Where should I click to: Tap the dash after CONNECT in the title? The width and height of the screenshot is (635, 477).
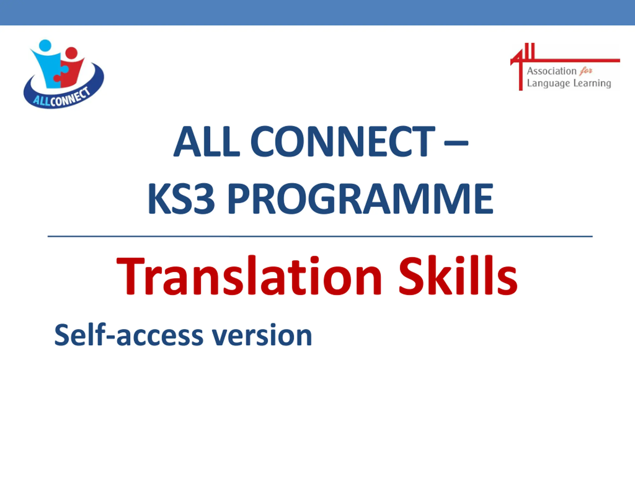[x=456, y=143]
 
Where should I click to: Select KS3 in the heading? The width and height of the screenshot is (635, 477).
[x=181, y=199]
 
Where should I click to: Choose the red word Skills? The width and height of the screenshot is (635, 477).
[x=458, y=276]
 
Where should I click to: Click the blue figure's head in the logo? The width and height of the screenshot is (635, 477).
[x=45, y=45]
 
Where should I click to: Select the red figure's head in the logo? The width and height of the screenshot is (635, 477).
[x=71, y=53]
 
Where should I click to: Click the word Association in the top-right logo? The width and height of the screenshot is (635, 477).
[x=551, y=71]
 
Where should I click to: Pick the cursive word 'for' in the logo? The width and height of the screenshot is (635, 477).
[x=586, y=71]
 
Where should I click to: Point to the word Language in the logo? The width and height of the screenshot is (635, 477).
[x=548, y=83]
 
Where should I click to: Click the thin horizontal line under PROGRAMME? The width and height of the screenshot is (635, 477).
[x=320, y=237]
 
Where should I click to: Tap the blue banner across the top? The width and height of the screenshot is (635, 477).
[x=317, y=13]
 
